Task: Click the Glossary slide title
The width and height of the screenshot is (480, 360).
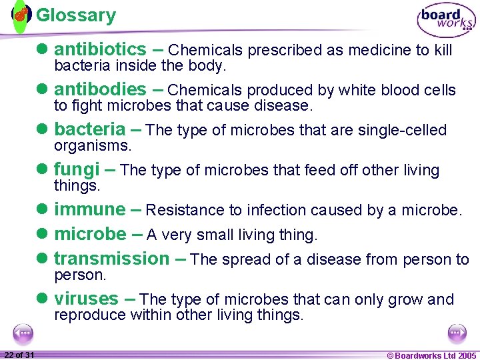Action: click(x=75, y=15)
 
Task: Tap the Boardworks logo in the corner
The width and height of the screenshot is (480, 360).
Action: click(x=446, y=21)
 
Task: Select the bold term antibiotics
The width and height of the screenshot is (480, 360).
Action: click(x=100, y=49)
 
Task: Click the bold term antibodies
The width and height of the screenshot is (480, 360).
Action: click(x=100, y=89)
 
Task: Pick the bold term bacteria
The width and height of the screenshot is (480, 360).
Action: click(x=89, y=129)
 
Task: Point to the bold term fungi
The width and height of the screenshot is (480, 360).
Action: click(x=77, y=169)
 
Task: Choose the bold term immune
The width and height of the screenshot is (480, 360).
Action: click(x=89, y=209)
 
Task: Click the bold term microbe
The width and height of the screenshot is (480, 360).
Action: click(x=89, y=234)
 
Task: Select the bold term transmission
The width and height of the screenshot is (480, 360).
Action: click(x=112, y=259)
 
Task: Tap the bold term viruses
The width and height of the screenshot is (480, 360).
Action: click(x=87, y=299)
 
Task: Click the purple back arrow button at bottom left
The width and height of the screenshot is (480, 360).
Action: click(x=23, y=333)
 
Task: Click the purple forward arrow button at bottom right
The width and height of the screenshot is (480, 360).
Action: click(x=457, y=333)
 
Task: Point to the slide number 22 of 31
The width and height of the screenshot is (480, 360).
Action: click(x=19, y=355)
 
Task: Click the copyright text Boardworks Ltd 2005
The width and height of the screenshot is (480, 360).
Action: click(x=431, y=355)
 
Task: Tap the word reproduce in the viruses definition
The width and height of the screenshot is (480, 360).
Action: click(x=90, y=315)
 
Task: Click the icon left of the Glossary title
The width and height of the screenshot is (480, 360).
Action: click(x=21, y=14)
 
